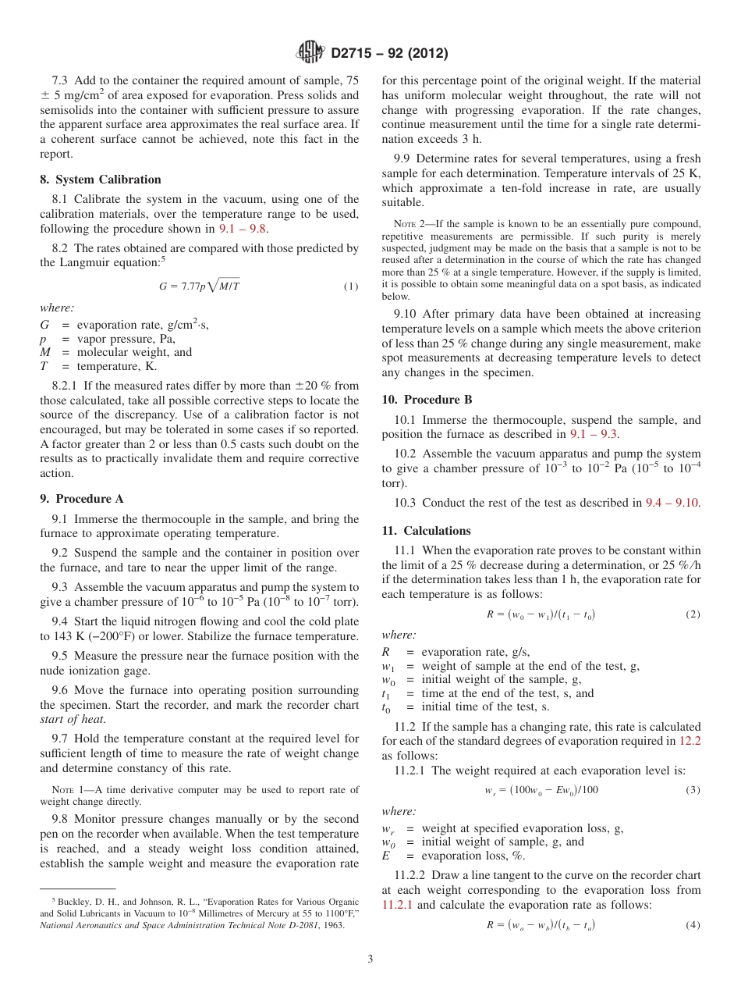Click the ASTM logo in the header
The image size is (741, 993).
(310, 53)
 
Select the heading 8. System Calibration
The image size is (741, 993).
(100, 180)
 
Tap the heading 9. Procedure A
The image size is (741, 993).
(81, 499)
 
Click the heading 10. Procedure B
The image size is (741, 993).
(422, 399)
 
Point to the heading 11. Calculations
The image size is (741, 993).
(426, 531)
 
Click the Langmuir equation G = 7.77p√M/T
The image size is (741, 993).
(200, 287)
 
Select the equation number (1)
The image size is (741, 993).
(351, 287)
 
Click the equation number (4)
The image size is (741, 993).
(693, 925)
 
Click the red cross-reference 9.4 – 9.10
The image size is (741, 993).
(672, 503)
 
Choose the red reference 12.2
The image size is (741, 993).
(690, 741)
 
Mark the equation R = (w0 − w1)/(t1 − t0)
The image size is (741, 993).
(541, 614)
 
